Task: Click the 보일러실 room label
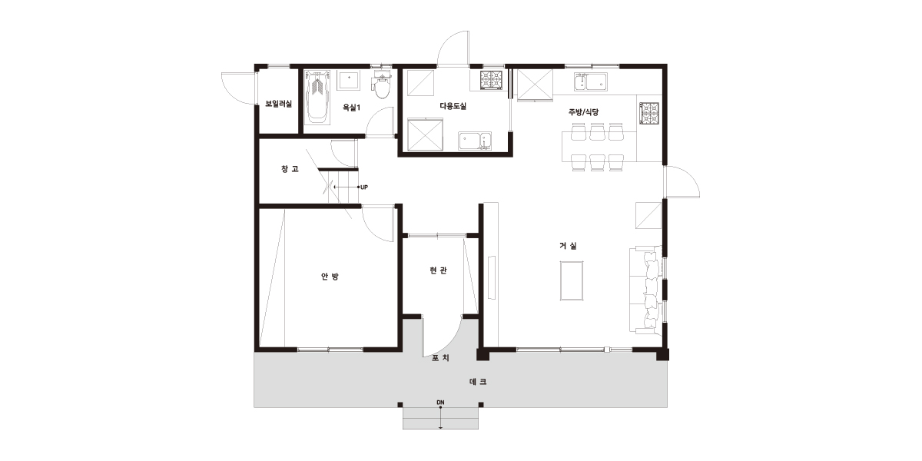coord(279,104)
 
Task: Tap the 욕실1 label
coord(352,108)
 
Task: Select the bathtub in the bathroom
coord(317,97)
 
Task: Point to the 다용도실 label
coord(453,106)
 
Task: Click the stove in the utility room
coord(492,80)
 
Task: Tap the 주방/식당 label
coord(583,111)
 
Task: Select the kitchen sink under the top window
coord(591,81)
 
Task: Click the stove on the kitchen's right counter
coord(649,113)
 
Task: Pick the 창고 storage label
coord(290,169)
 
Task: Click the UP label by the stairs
coord(364,187)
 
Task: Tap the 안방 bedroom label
coord(330,276)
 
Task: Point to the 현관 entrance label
coord(438,270)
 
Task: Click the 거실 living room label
coord(568,246)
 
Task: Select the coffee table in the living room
coord(572,280)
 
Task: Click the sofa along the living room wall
coord(645,290)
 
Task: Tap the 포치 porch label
coord(440,358)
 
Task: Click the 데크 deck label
coord(478,382)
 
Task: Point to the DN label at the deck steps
coord(440,402)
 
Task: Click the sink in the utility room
coord(475,141)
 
